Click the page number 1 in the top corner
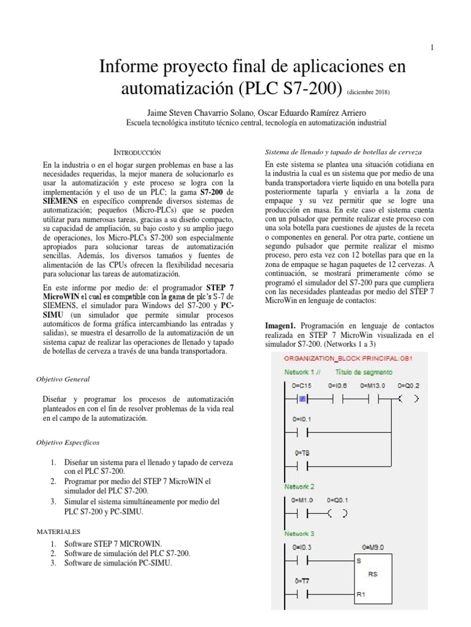[x=432, y=48]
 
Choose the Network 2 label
[x=300, y=487]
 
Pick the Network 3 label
[x=300, y=533]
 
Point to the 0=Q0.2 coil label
[x=408, y=385]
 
